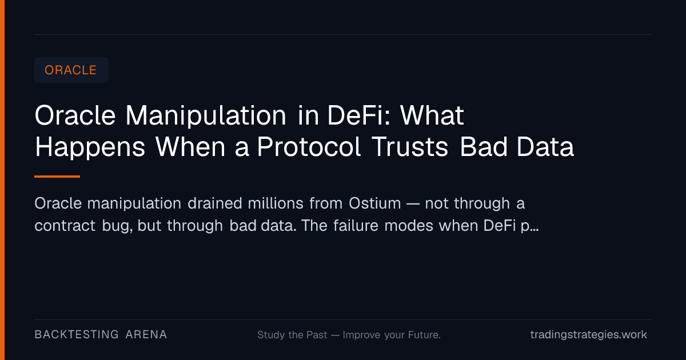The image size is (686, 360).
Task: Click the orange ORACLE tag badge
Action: (x=71, y=70)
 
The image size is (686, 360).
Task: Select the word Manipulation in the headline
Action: (x=206, y=115)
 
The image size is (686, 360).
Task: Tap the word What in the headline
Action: (x=432, y=115)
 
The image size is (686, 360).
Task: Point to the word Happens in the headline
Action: (x=90, y=148)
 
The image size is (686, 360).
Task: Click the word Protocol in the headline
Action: (x=309, y=147)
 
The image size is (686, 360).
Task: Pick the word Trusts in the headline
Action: (x=410, y=147)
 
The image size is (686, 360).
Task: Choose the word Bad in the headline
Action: (x=484, y=147)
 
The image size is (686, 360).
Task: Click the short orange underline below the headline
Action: (x=57, y=177)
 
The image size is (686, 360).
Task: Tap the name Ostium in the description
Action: (x=375, y=203)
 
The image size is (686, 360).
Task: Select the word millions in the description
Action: (x=276, y=203)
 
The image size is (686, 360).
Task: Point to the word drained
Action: (x=215, y=203)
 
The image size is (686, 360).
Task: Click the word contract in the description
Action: (x=65, y=226)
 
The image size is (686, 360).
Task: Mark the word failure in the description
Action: (x=356, y=226)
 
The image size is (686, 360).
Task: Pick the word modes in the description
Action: (x=409, y=226)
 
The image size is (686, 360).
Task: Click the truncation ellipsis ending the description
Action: (x=534, y=230)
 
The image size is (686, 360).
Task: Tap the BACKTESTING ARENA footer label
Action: (x=101, y=335)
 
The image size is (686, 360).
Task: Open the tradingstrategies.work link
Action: (x=589, y=335)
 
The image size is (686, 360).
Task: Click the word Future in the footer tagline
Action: (x=424, y=335)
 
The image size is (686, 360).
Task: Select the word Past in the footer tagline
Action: (x=317, y=335)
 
